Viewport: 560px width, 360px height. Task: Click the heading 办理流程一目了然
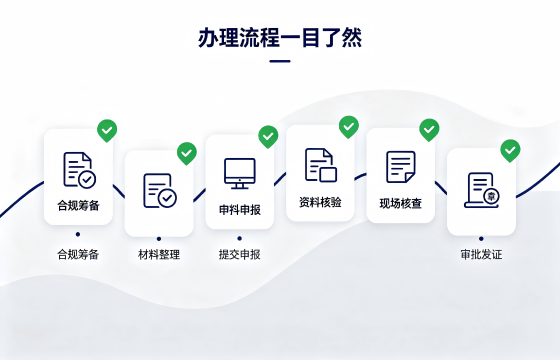280,38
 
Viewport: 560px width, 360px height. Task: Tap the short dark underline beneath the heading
280,61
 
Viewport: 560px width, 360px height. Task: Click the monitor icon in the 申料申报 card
240,174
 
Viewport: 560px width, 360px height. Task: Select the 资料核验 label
320,202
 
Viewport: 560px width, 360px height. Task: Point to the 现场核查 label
401,203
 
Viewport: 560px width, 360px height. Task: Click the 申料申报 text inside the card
240,210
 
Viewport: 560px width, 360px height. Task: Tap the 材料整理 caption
159,255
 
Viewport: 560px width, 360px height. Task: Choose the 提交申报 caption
240,255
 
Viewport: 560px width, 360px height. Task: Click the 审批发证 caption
481,255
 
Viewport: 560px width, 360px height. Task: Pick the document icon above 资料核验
321,165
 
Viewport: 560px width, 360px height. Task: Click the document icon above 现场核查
401,167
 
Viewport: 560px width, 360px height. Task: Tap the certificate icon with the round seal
482,190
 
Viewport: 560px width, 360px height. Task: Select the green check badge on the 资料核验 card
349,127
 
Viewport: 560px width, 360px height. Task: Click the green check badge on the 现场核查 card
429,130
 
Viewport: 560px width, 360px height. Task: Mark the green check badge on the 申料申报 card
268,136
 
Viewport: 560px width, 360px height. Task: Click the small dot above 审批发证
481,239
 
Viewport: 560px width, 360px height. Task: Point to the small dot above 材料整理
159,239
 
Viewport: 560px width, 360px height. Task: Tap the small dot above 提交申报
240,238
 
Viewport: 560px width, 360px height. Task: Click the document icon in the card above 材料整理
160,190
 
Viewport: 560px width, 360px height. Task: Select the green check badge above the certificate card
510,150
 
